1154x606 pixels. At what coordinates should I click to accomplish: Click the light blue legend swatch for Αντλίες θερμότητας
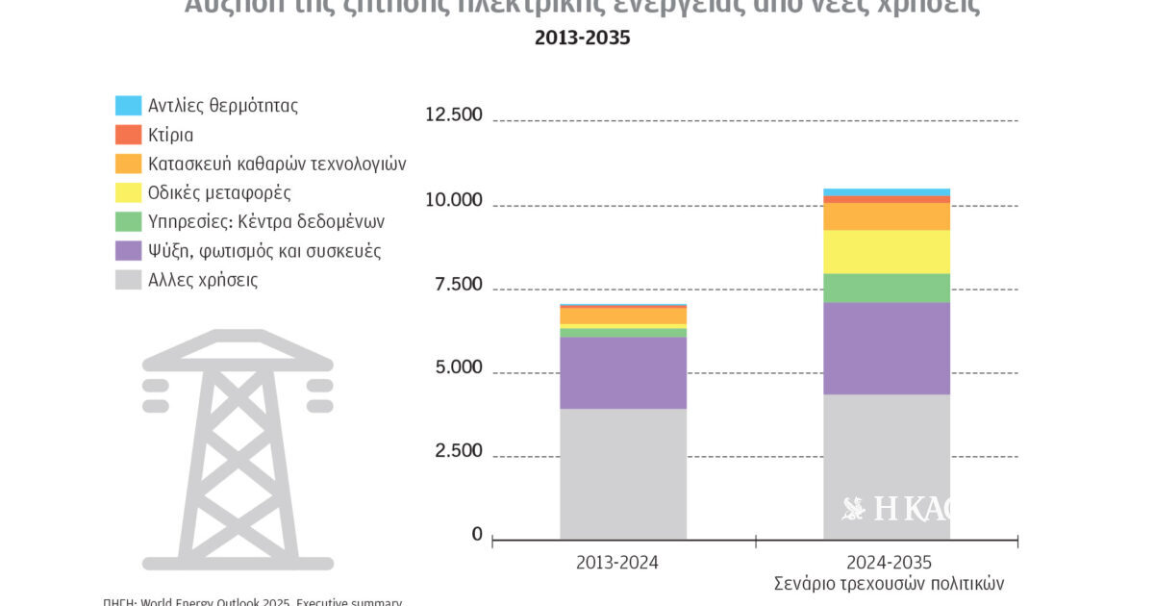128,105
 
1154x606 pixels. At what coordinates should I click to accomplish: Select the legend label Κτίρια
170,135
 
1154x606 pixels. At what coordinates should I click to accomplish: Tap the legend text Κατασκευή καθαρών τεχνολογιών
277,164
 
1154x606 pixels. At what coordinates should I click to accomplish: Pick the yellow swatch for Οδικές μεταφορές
128,192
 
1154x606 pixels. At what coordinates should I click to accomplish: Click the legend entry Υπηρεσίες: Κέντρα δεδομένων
265,221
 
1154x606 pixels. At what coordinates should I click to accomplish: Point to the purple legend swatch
128,251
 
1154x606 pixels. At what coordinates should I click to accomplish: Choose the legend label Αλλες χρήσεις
202,280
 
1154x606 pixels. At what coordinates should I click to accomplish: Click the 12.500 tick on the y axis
453,115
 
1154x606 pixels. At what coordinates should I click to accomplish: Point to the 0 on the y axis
477,535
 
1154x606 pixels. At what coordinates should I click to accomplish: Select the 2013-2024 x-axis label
617,563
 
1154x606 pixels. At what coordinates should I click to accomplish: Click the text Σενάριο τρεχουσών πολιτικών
889,584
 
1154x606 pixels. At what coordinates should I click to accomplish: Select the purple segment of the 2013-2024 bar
623,373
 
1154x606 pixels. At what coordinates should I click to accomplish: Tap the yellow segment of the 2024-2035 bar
887,252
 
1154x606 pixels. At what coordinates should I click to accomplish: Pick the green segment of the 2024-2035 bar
887,288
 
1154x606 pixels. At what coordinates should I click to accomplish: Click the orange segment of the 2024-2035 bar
887,216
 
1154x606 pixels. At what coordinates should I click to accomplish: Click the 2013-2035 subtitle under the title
583,39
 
